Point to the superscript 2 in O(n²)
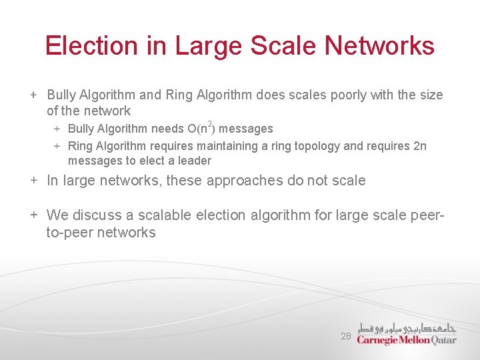tap(211, 124)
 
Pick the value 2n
tap(419, 146)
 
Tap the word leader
tap(195, 161)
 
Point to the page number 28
tap(346, 337)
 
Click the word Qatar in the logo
tap(443, 339)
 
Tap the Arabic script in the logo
tap(407, 327)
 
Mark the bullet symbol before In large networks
tap(33, 181)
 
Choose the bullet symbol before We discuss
tap(33, 215)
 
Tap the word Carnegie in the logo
tap(377, 339)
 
